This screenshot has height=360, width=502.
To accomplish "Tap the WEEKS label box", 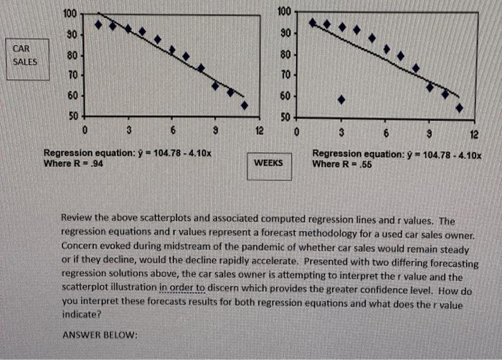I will click(269, 163).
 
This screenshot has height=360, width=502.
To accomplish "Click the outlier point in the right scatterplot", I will click(341, 100).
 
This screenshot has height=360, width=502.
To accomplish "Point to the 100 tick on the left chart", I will click(70, 14).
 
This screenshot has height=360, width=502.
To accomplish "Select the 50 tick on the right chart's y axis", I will click(284, 117).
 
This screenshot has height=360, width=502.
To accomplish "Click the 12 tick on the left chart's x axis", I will click(259, 131).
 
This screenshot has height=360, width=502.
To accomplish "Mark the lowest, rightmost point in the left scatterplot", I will click(244, 105).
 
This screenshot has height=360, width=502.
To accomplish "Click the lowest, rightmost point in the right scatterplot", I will click(459, 108).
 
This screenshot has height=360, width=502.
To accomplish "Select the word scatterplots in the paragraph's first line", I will click(160, 220).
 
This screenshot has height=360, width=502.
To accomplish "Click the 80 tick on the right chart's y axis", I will click(284, 55).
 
